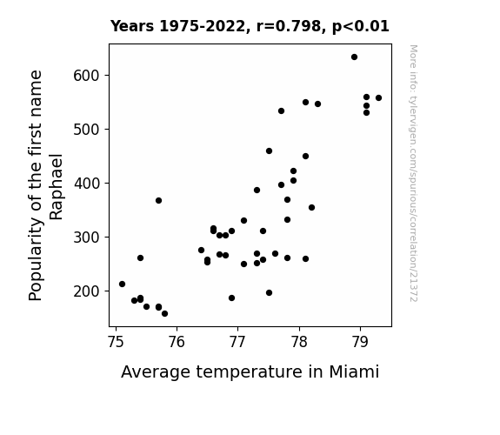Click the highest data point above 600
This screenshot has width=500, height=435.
[x=354, y=57]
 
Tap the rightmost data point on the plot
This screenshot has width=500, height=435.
[x=378, y=98]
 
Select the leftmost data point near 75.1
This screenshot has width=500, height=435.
[x=122, y=284]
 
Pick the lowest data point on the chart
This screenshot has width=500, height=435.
[x=164, y=314]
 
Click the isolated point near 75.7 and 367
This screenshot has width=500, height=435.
[x=158, y=200]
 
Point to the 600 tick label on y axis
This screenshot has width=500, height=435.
[x=87, y=76]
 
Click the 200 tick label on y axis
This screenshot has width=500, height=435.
[x=87, y=291]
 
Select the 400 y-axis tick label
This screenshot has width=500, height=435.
[x=87, y=184]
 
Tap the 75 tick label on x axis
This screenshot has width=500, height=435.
[x=116, y=342]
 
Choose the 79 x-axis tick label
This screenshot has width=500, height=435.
[x=360, y=342]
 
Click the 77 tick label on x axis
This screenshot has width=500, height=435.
[x=237, y=342]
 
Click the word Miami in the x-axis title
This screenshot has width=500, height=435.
[x=354, y=371]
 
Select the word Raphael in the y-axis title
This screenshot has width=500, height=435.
[x=57, y=187]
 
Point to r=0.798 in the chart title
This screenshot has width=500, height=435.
[x=289, y=26]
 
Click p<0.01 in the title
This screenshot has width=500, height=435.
[x=361, y=26]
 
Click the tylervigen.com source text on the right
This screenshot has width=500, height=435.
[x=413, y=173]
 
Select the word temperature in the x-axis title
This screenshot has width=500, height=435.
[x=249, y=372]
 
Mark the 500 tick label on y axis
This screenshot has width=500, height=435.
[x=87, y=130]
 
